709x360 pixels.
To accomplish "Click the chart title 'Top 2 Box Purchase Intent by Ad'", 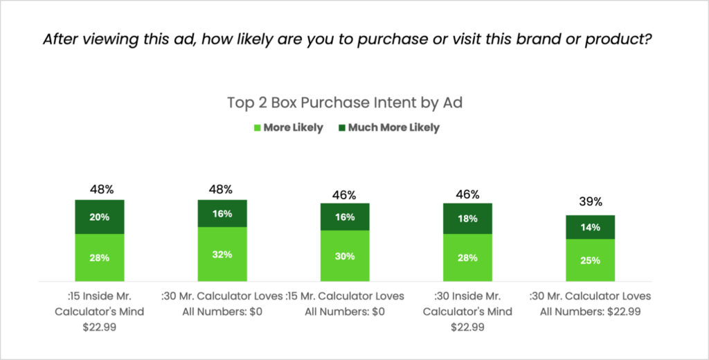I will coord(345,103).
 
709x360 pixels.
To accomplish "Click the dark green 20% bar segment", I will coord(100,217).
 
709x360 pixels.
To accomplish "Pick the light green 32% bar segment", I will coord(222,253).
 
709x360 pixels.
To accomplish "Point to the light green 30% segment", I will coord(345,255).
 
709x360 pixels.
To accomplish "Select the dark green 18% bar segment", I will coord(467,218).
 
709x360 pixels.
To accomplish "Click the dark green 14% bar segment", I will coord(590,227).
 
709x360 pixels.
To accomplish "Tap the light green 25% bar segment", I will coord(590,260).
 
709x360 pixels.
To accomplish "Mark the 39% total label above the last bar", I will coord(590,202).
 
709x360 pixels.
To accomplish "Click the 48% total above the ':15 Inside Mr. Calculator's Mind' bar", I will coord(100,189).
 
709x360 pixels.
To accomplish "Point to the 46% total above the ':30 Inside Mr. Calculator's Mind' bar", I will coord(467,194).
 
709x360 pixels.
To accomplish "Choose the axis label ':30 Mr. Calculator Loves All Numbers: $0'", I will coord(222,304).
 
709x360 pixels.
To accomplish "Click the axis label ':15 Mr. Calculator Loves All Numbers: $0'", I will coord(345,304).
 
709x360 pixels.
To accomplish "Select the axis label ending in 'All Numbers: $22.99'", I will coord(590,304).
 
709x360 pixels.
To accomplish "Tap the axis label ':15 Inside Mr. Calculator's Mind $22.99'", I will coord(100,312).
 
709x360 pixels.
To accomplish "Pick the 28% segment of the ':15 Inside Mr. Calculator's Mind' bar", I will coord(100,258).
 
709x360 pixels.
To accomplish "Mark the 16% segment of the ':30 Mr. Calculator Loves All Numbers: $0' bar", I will coord(222,213).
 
